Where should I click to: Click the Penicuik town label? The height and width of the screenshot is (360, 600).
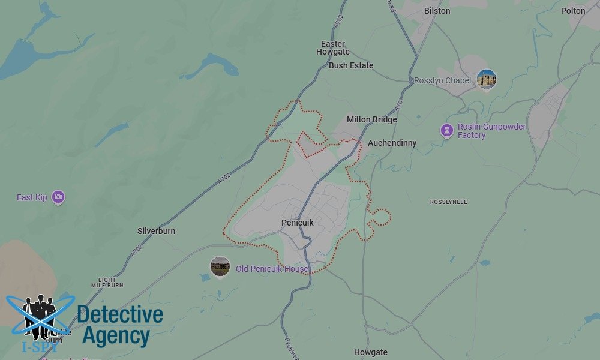tap(297, 223)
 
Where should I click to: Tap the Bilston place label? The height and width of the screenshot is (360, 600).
tap(437, 11)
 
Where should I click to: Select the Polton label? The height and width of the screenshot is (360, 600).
tap(573, 11)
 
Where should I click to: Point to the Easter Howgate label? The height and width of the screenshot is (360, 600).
tap(333, 48)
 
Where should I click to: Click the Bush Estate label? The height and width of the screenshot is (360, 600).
tap(351, 65)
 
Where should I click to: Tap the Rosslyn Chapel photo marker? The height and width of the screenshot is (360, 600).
tap(487, 79)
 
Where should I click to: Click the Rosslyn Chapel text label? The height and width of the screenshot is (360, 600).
tap(443, 80)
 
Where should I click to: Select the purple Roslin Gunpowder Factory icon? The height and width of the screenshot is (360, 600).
tap(446, 130)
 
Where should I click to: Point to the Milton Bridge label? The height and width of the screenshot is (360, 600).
tap(371, 119)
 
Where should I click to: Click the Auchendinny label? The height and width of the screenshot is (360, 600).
tap(392, 143)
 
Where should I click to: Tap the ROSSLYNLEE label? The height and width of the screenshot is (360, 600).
tap(448, 202)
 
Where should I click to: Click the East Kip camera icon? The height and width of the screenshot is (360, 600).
tap(58, 197)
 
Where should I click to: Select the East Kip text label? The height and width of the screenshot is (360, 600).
tap(32, 197)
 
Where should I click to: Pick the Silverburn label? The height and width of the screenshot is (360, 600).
tap(156, 231)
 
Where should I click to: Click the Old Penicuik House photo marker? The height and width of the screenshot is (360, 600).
tap(220, 267)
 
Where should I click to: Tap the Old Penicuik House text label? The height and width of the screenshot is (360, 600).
tap(272, 269)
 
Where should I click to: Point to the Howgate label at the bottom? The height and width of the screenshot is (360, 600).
tap(371, 352)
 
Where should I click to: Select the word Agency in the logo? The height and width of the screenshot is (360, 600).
tap(116, 336)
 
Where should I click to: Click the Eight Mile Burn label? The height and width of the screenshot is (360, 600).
tap(107, 283)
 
